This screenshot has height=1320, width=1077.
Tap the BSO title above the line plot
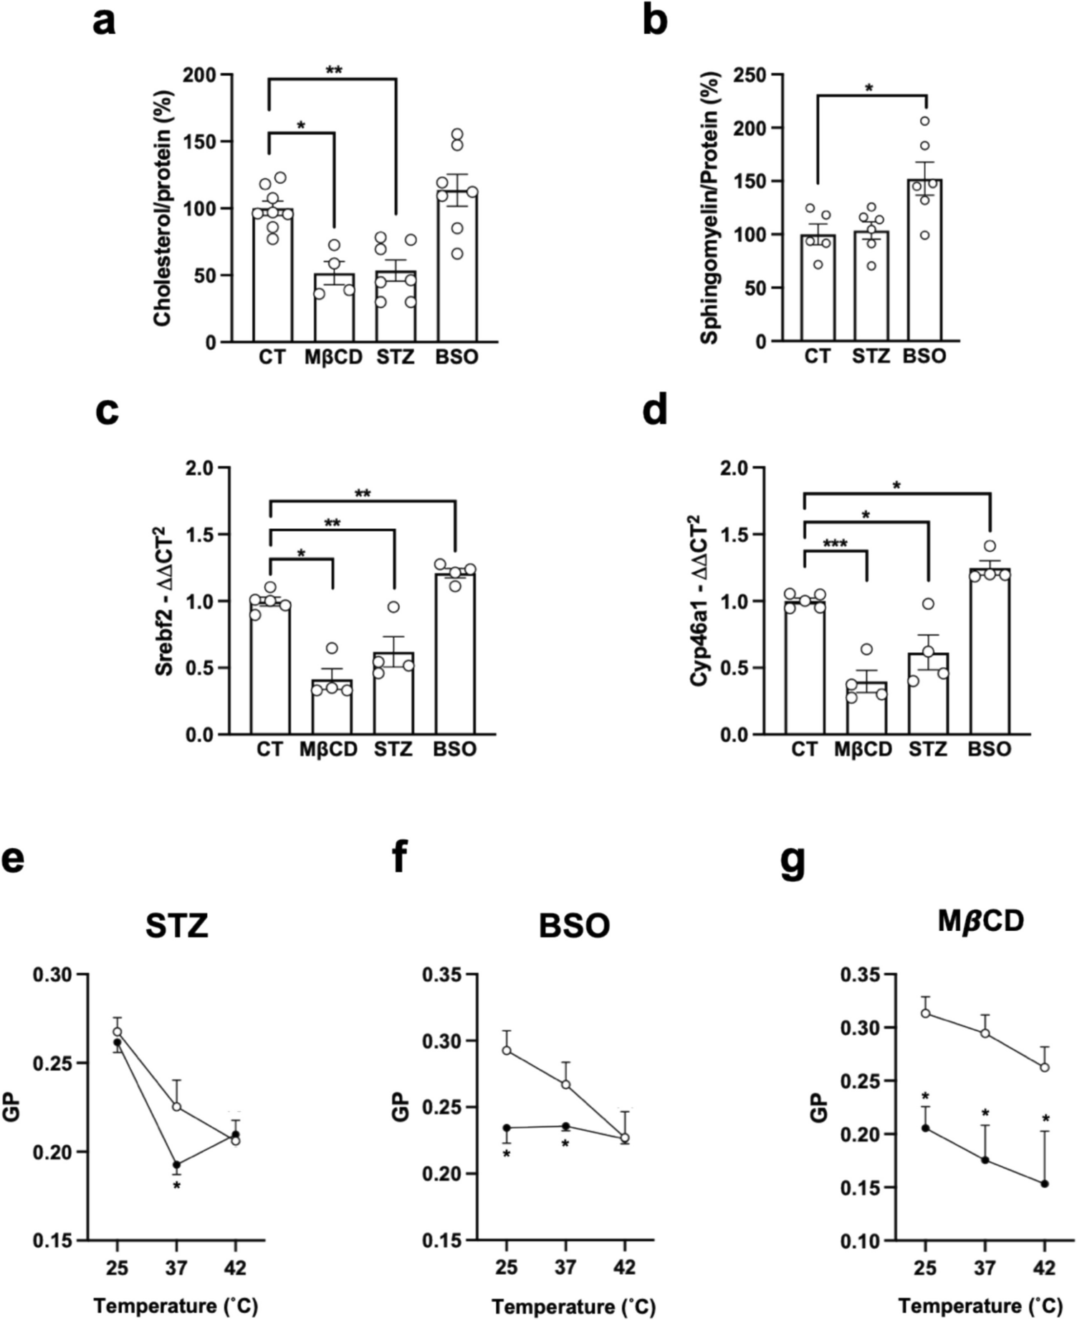coord(574,926)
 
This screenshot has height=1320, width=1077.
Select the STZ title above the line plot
coord(176,926)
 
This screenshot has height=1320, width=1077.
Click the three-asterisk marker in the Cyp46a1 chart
coord(835,545)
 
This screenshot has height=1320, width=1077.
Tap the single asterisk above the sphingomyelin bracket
coord(869,89)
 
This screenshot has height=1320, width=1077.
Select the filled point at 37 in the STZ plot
coord(176,1164)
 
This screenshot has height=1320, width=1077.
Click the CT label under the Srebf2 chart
coord(270,750)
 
